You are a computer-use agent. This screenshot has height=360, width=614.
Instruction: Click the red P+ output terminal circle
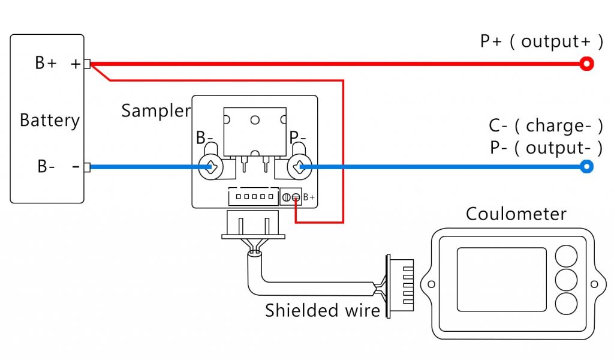[587, 64]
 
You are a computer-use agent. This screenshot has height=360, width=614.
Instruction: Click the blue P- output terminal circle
[587, 167]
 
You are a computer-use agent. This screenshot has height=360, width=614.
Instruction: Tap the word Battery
[50, 120]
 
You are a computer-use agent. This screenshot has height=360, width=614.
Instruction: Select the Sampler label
[156, 110]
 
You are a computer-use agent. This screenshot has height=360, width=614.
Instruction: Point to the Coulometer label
[516, 214]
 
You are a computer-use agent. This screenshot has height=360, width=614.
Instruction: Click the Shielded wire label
[323, 310]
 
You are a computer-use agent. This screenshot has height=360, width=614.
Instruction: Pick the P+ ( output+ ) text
[541, 41]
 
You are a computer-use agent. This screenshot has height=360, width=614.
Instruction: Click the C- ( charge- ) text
[545, 126]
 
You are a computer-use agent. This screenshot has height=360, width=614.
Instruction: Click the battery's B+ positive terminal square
[87, 64]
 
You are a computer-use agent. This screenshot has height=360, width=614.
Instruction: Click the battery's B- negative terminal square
[87, 167]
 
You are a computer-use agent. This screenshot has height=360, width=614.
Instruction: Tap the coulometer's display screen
[501, 280]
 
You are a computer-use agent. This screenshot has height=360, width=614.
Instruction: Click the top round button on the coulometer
[565, 255]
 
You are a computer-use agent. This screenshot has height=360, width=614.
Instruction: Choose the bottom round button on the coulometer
[565, 304]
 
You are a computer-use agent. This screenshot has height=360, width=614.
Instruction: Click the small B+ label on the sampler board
[309, 197]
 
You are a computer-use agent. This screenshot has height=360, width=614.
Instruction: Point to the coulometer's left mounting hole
[428, 283]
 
